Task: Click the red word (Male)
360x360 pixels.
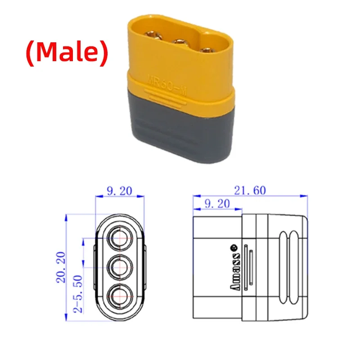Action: click(x=66, y=53)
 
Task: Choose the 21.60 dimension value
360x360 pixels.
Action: click(x=250, y=190)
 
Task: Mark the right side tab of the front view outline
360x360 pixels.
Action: click(x=146, y=267)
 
